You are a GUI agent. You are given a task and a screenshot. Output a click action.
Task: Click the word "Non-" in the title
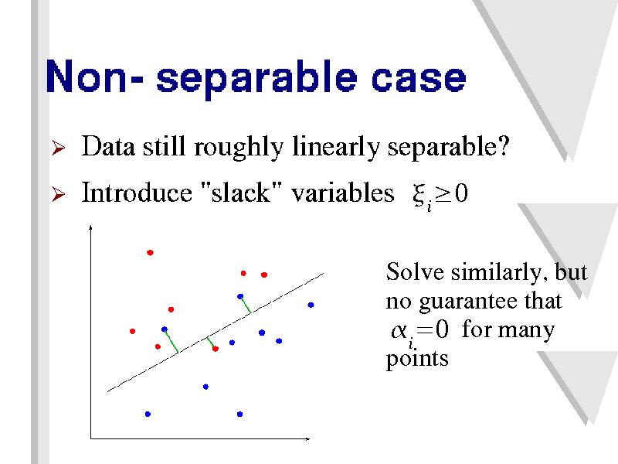point(94,76)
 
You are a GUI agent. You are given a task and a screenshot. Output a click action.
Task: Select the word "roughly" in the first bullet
point(239,148)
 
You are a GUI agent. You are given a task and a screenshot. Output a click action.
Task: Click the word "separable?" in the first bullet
point(449,148)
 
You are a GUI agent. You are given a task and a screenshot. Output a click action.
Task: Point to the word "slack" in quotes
point(240,193)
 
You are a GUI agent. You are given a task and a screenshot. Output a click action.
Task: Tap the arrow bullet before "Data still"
point(59,148)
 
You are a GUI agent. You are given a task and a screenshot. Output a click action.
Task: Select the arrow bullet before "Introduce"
point(59,194)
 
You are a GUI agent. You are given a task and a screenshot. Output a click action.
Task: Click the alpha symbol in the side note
point(399,331)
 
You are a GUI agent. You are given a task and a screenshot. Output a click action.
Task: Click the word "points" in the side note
point(417,359)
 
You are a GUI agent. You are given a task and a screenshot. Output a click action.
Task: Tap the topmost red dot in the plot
point(150,253)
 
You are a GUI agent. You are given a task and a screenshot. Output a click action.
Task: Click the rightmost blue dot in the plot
point(311,305)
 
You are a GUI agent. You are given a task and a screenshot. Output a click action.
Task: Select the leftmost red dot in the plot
point(132,331)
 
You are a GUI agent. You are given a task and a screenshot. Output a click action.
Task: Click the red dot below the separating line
point(216,349)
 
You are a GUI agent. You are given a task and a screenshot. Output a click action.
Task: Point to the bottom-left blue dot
point(148,414)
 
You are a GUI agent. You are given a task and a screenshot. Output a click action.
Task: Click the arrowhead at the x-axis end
point(307,438)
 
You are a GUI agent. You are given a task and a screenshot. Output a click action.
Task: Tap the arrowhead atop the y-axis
point(90,227)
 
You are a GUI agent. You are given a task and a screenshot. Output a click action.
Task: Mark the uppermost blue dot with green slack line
point(240,296)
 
